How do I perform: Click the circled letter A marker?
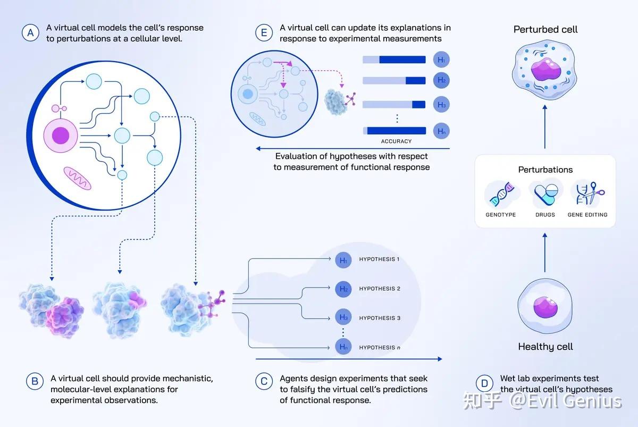[30, 33]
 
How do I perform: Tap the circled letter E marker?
[264, 33]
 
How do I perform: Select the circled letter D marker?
[484, 383]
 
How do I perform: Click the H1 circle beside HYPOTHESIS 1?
[343, 260]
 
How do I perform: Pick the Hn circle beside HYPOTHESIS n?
[343, 347]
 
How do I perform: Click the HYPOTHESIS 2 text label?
[380, 289]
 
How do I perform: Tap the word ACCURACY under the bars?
[396, 141]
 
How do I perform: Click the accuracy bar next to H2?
[394, 81]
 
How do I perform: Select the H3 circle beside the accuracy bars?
[441, 105]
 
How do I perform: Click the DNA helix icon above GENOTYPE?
[502, 194]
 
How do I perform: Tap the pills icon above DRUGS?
[545, 194]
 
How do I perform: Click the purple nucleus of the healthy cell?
[545, 307]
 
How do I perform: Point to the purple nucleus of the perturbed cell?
[545, 69]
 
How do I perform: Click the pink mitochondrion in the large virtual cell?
[77, 178]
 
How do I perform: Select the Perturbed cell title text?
[545, 29]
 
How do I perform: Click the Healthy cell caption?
[545, 347]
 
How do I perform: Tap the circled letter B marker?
[35, 381]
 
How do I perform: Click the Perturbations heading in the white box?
[545, 170]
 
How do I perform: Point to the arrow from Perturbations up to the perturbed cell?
[545, 127]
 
